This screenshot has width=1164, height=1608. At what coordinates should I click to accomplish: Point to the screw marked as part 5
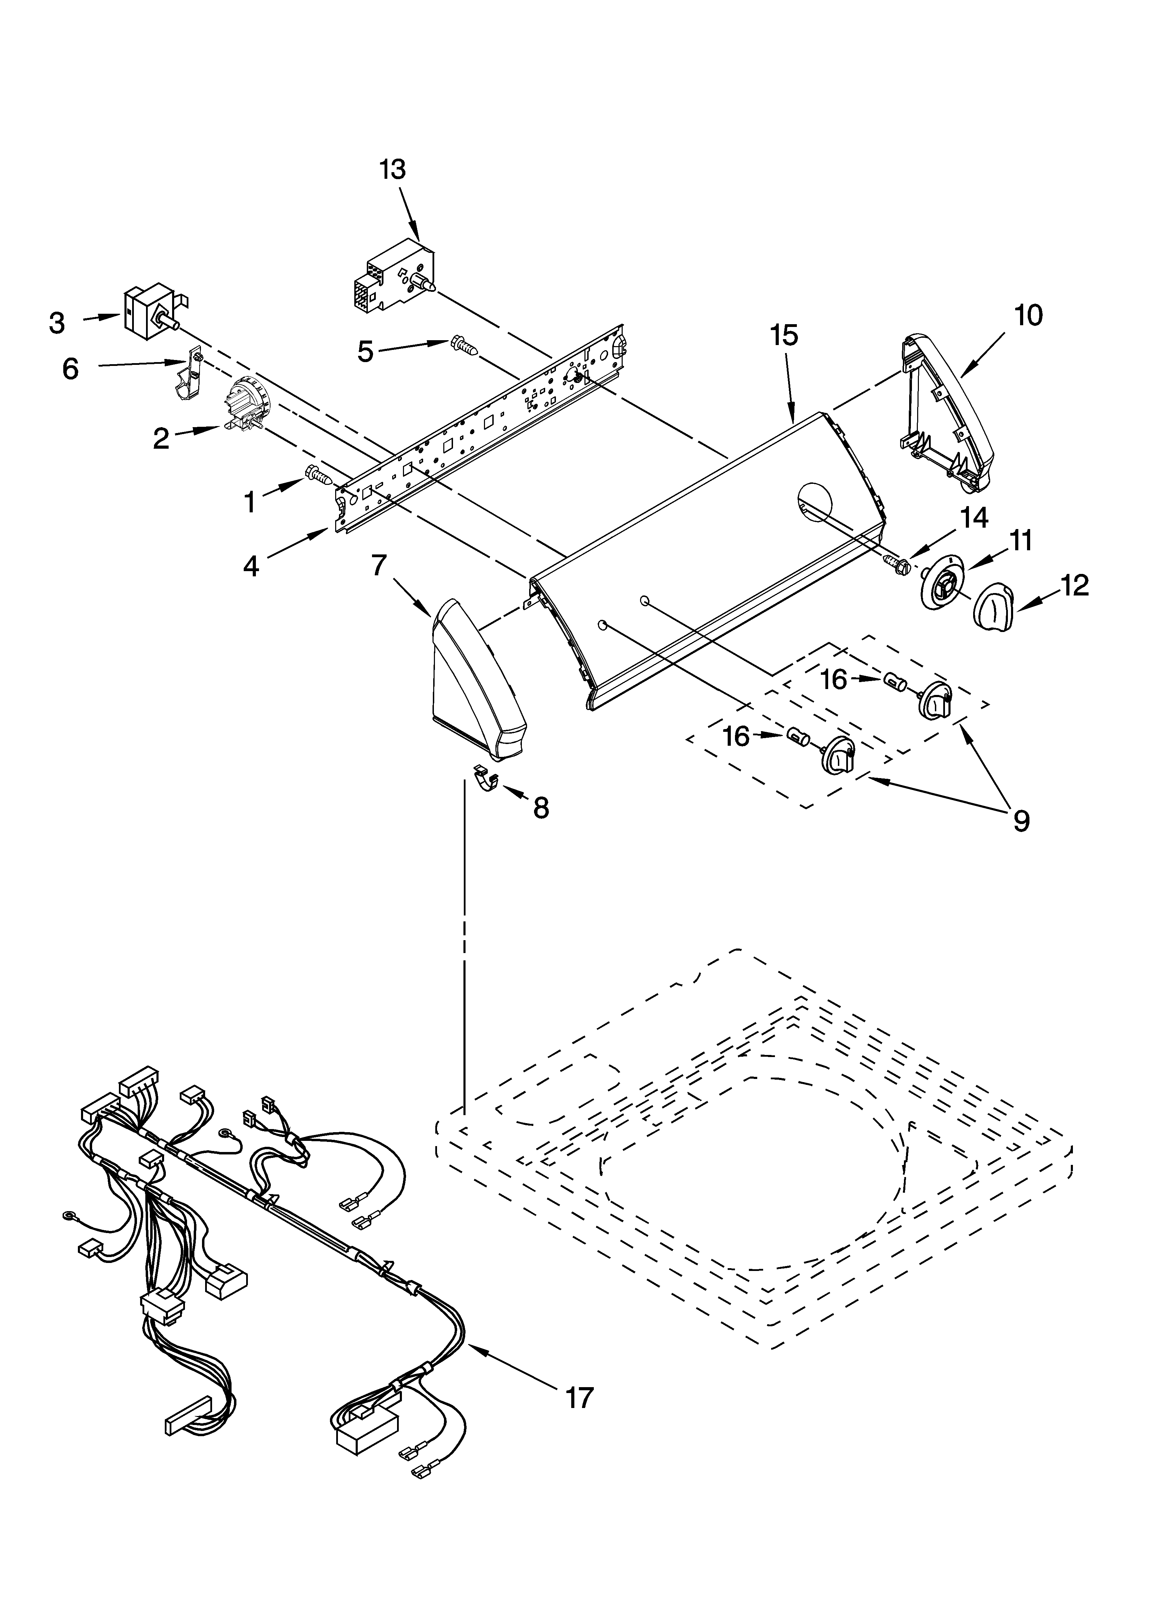point(463,346)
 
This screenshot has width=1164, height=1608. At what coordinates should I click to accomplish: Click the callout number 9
point(1019,821)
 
